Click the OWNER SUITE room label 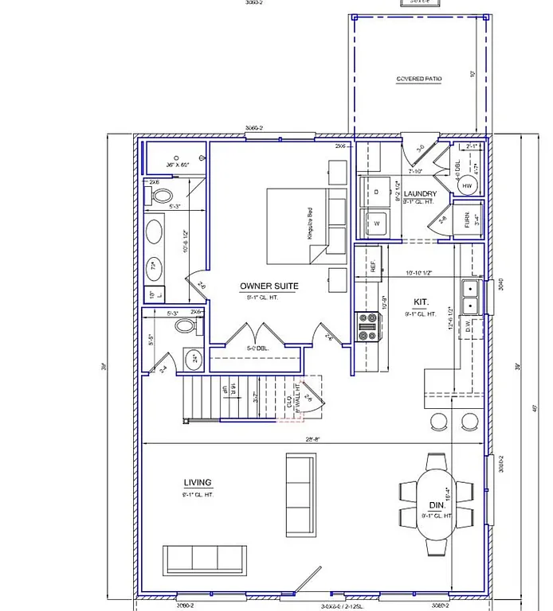tap(269, 285)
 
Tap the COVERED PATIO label tap(418, 79)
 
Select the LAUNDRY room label tap(420, 193)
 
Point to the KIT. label tap(421, 302)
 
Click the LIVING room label tap(197, 482)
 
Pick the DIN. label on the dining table tap(437, 506)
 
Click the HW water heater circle tap(467, 186)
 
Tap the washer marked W tap(375, 224)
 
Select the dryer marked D tap(375, 191)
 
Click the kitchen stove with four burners tap(368, 325)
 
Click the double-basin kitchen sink tap(473, 297)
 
